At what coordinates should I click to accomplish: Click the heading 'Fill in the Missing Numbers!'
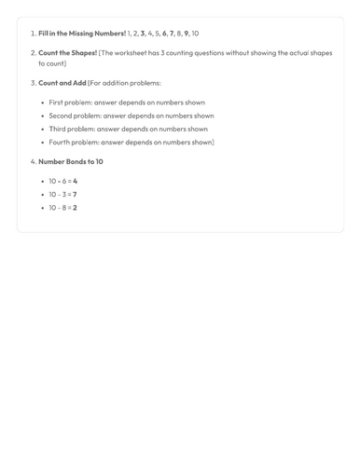tap(82, 34)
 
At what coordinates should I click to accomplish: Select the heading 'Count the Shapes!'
tap(67, 53)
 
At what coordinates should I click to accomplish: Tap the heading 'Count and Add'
tap(62, 83)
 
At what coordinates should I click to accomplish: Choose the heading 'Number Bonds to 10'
tap(71, 161)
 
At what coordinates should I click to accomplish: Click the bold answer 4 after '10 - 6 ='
tap(76, 181)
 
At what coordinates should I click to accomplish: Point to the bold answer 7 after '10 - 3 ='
tap(75, 194)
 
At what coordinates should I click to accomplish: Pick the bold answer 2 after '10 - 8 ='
tap(75, 207)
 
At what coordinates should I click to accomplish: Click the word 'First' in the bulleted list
tap(57, 103)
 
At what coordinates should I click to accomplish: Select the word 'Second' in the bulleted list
tap(61, 116)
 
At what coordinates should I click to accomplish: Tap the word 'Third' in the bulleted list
tap(58, 129)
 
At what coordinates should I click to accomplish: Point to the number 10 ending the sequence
tap(195, 34)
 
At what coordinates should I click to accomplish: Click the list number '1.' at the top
tap(33, 34)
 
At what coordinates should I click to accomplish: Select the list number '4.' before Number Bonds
tap(33, 161)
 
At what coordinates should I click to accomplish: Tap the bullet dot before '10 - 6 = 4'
tap(43, 181)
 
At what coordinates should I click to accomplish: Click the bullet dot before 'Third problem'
tap(43, 129)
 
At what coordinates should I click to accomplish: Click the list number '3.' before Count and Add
tap(33, 83)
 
